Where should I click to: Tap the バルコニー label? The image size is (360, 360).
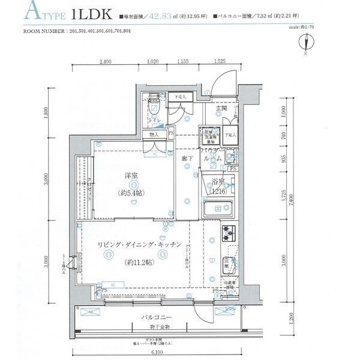(x=157, y=316)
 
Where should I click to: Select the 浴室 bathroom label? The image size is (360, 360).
(x=217, y=182)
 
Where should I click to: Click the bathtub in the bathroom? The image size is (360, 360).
(x=217, y=210)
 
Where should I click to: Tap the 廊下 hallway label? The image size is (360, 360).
(x=188, y=158)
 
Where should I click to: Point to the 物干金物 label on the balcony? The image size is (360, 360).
(x=160, y=327)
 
